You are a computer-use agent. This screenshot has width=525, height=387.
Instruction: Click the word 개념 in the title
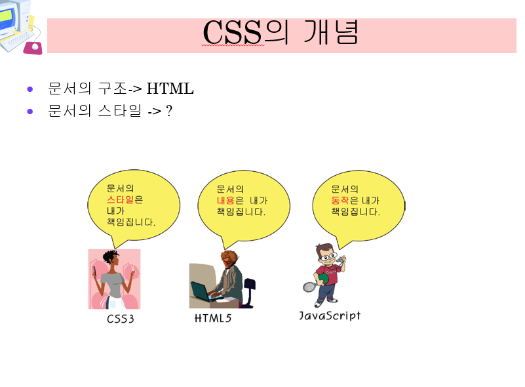(x=331, y=32)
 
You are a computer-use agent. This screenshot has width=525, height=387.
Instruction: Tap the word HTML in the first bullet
(x=170, y=89)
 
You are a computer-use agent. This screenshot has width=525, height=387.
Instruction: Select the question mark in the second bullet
(x=169, y=111)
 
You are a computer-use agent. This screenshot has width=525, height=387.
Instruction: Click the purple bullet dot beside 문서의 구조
(x=29, y=89)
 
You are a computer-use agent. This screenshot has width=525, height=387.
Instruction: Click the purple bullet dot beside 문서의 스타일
(x=29, y=112)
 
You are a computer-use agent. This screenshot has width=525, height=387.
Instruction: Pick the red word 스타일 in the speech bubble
(x=120, y=199)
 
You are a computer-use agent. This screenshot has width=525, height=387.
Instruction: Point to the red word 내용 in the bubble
(x=225, y=200)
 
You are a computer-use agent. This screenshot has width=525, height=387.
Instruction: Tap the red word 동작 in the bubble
(x=340, y=200)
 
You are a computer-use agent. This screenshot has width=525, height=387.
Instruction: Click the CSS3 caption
(x=121, y=319)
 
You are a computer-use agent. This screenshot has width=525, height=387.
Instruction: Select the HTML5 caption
(x=213, y=318)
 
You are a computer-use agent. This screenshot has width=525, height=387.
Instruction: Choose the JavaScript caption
(x=330, y=316)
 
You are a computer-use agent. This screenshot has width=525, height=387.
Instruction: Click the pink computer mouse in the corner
(x=33, y=48)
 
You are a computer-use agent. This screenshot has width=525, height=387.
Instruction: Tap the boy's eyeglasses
(x=328, y=257)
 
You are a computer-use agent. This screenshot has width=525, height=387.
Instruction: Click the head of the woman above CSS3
(x=111, y=257)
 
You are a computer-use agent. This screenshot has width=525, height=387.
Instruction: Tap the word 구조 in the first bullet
(x=113, y=89)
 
